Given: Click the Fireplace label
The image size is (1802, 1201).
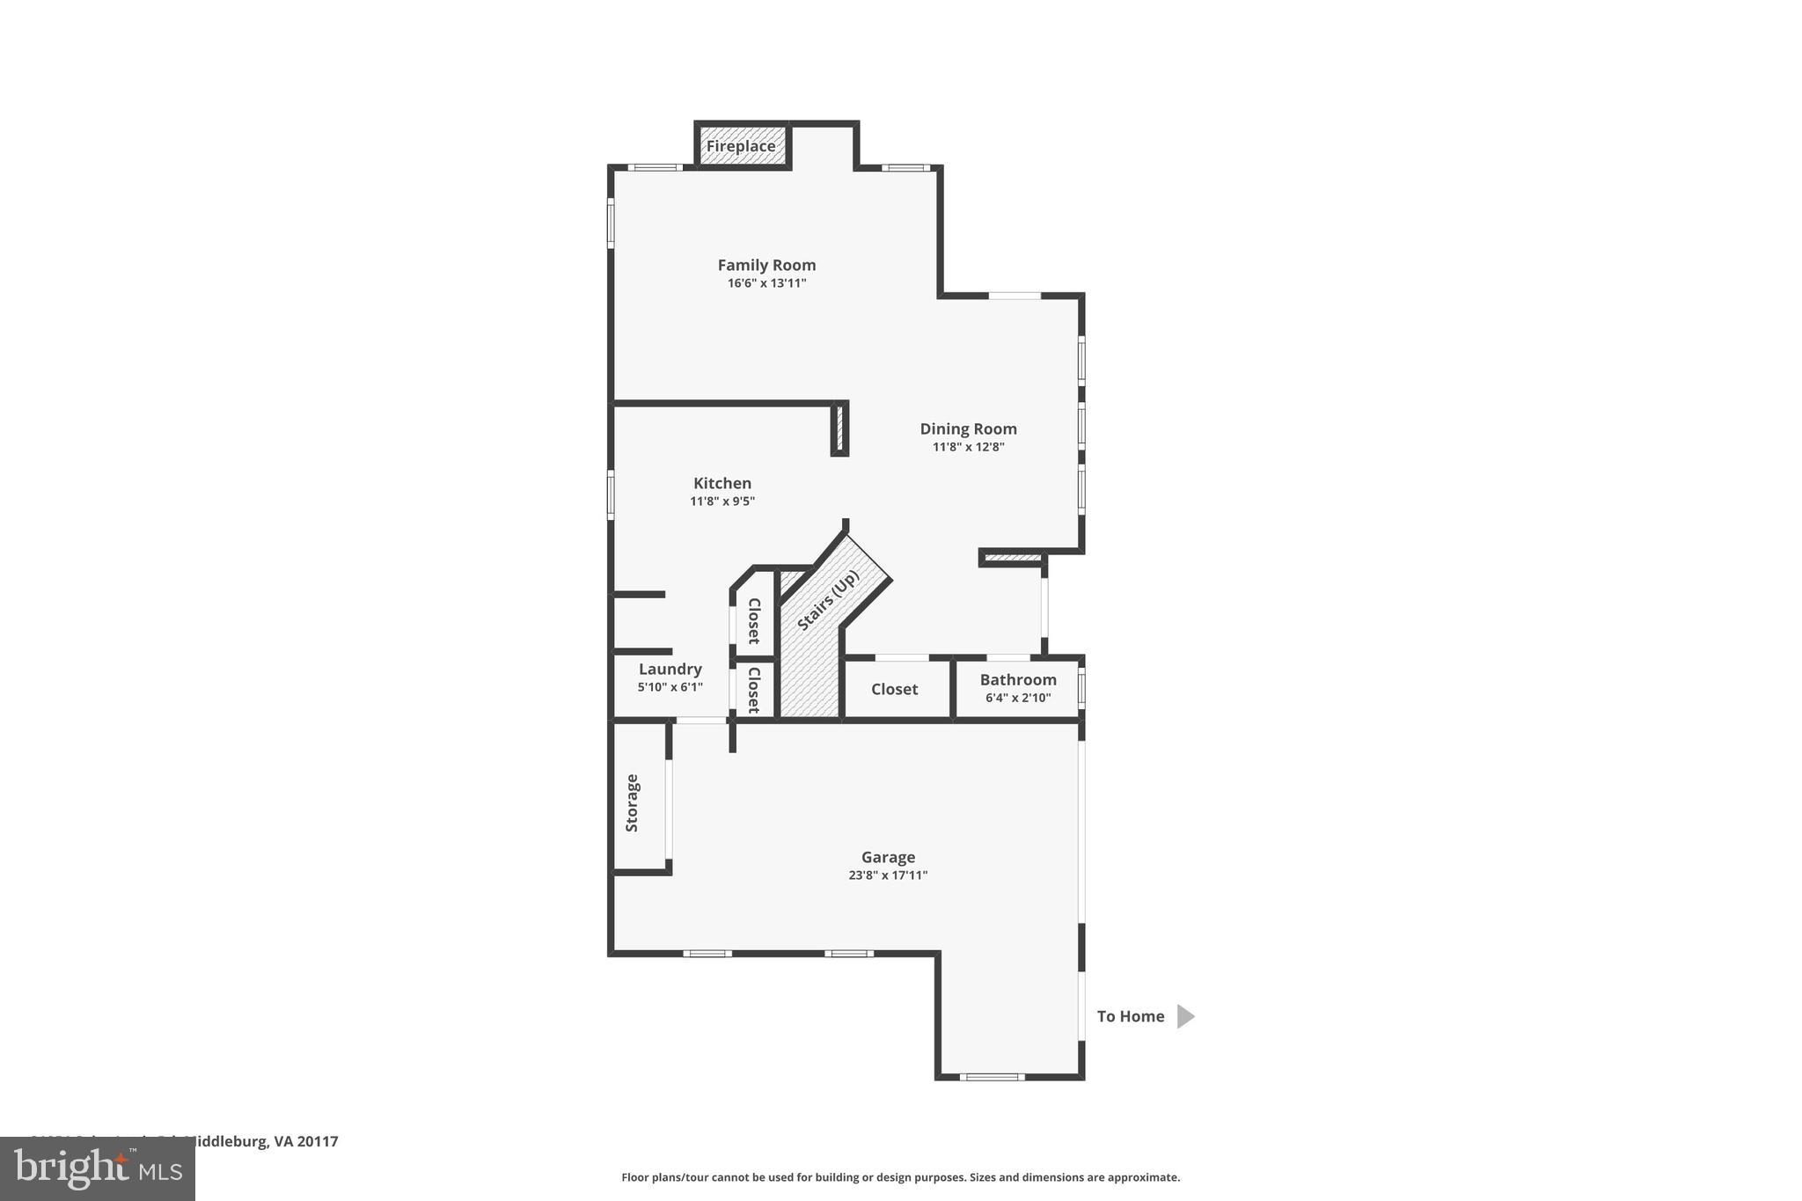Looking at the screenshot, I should tap(741, 146).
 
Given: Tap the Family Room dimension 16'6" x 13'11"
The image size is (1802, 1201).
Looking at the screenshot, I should tap(766, 283).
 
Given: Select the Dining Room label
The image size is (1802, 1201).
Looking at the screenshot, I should tap(968, 428).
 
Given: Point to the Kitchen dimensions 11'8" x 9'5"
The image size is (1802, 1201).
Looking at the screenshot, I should tap(722, 502).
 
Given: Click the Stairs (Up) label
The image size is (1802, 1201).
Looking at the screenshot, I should tap(828, 600).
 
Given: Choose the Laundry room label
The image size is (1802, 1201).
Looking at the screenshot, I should tap(670, 669).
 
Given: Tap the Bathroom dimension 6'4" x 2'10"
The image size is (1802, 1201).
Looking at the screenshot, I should tap(1018, 698).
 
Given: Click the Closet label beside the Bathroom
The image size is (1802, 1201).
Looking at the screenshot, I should tap(894, 689).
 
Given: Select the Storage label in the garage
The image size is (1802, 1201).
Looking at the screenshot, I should tap(632, 802).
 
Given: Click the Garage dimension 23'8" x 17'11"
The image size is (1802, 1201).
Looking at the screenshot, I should tap(888, 875).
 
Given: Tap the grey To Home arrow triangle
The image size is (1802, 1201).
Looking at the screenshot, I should tap(1185, 1016).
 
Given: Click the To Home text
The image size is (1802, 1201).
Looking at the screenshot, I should tap(1130, 1016).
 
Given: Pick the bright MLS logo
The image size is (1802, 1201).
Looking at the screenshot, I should tap(98, 1169).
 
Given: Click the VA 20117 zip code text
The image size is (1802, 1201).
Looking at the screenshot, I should tap(305, 1141).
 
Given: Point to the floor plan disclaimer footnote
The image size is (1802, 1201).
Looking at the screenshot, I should tap(900, 1177).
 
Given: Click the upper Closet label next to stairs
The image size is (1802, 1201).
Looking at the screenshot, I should tap(754, 620).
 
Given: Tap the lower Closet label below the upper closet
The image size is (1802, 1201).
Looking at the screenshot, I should tap(754, 689).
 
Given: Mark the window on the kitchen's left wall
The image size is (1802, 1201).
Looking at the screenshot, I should tap(611, 494).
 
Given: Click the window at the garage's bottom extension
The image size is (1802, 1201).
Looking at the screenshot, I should tap(992, 1076).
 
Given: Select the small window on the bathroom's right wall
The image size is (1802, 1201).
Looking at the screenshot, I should tap(1081, 688).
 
